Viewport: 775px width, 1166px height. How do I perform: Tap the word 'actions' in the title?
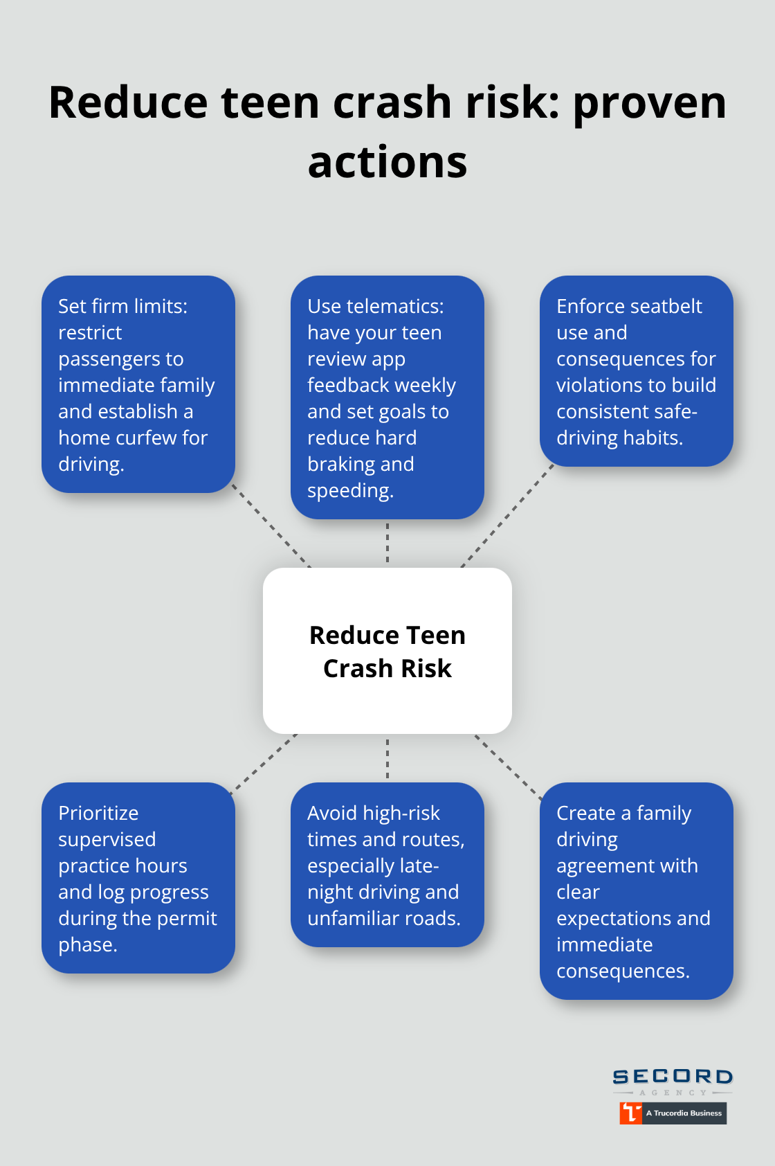click(387, 163)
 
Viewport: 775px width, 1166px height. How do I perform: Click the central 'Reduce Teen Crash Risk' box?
click(387, 651)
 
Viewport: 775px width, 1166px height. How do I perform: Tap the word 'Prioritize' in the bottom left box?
click(98, 814)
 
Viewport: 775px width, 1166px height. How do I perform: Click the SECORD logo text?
click(673, 1077)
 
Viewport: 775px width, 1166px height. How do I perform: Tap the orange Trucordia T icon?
click(630, 1113)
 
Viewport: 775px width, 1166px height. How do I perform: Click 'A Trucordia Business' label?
click(684, 1113)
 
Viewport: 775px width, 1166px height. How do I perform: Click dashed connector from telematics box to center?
click(387, 544)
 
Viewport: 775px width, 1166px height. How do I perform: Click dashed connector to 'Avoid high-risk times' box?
click(387, 758)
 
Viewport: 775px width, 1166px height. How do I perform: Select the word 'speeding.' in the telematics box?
click(351, 491)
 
